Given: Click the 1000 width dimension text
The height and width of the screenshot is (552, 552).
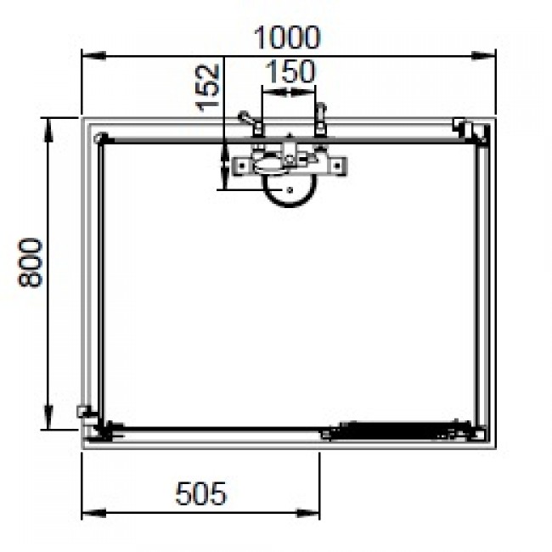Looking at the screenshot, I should (289, 37).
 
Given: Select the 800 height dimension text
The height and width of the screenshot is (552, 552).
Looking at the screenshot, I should (30, 262).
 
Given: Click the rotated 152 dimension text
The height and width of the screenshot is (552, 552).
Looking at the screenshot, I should (208, 86).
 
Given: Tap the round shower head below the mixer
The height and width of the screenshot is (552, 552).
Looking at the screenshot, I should (288, 194).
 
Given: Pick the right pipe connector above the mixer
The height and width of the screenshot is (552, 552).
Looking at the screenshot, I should (320, 120).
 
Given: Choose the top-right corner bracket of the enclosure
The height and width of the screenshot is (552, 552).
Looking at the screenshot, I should (472, 129).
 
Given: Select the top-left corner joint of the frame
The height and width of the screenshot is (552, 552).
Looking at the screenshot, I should (101, 138).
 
